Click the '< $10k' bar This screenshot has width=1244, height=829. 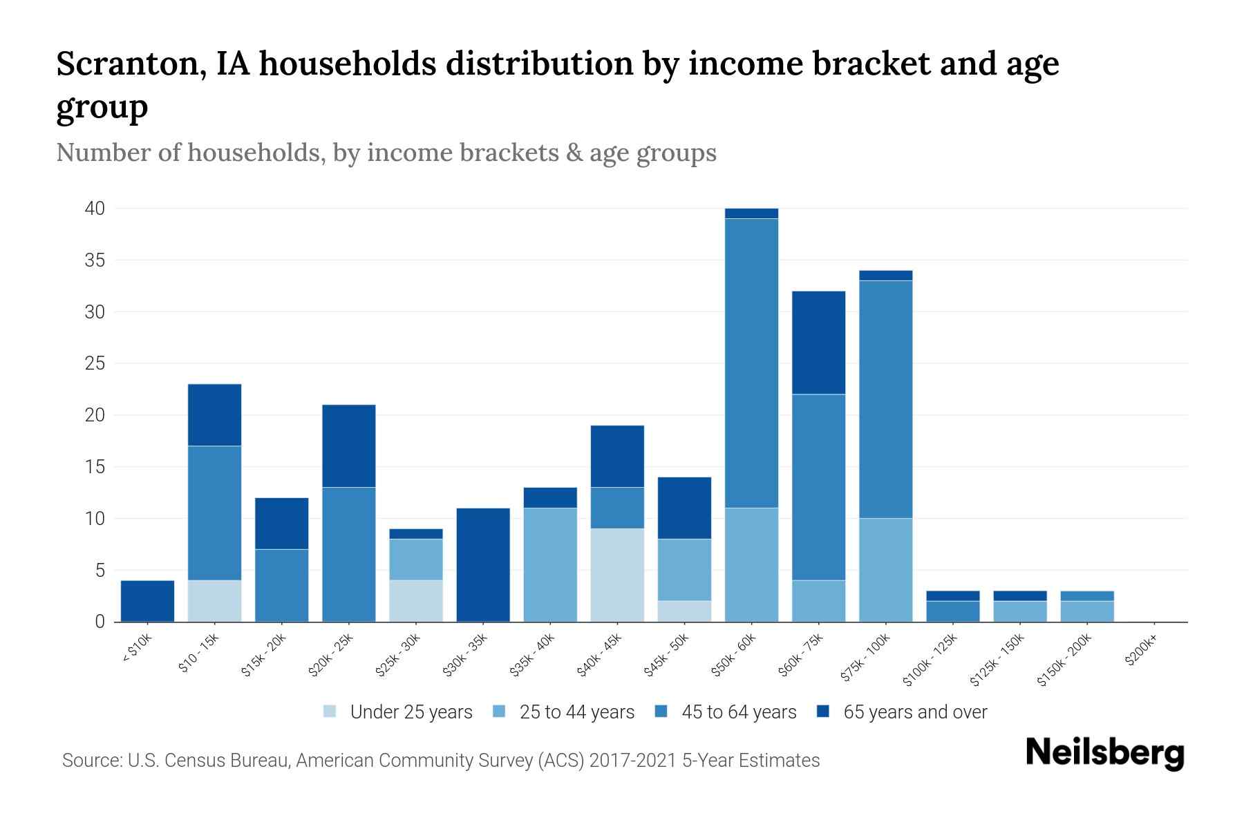coord(147,601)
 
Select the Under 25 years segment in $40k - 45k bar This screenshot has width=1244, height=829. coord(617,575)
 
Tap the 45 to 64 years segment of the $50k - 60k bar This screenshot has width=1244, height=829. coord(751,363)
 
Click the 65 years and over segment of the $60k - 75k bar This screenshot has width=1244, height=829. coord(818,343)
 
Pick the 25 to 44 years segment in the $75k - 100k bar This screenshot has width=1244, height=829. coord(885,570)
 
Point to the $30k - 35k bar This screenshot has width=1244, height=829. coord(483,564)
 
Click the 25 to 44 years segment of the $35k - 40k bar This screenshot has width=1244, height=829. coord(550,564)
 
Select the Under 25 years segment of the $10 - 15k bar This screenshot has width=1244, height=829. coord(214,601)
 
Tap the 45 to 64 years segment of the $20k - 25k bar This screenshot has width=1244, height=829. coord(348,554)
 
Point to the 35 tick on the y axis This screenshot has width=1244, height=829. coord(95,260)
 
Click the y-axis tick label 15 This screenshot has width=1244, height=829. coord(95,467)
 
